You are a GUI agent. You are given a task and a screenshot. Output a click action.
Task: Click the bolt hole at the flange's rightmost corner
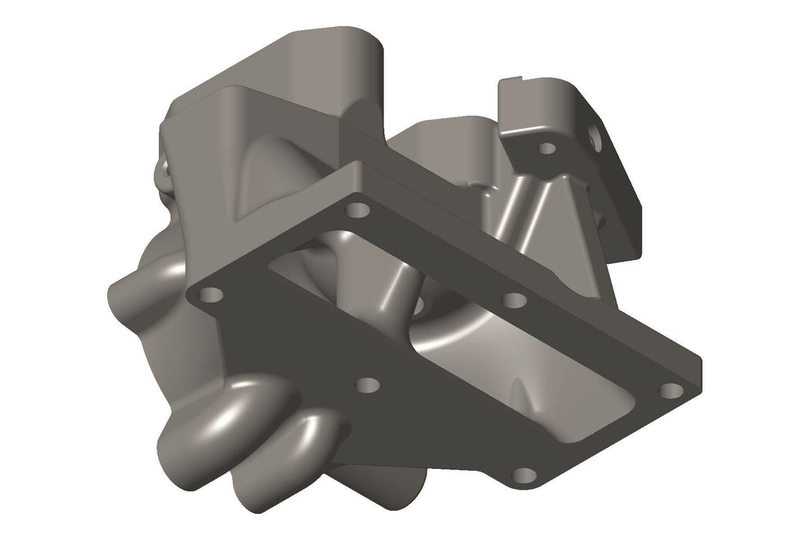671,390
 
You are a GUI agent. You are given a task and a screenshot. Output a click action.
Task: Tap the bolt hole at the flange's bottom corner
524,475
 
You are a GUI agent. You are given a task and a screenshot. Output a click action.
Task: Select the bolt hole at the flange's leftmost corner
210,294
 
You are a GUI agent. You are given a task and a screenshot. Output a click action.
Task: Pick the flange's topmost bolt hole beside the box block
356,209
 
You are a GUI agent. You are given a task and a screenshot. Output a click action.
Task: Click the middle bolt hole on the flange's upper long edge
514,299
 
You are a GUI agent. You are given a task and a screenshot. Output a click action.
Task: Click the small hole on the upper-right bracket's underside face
547,148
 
